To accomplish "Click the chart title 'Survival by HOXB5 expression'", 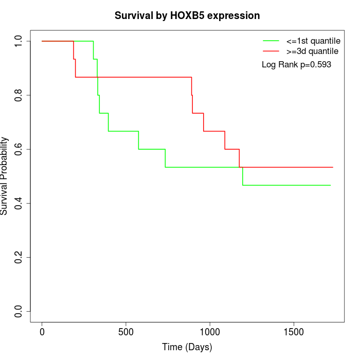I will (x=187, y=15).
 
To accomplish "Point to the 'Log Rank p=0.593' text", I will (x=296, y=65).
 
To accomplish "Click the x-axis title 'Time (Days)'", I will (x=187, y=347).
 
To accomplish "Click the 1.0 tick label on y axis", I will (x=19, y=41).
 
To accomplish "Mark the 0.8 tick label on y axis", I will (x=19, y=95).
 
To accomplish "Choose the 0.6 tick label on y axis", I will (x=19, y=149).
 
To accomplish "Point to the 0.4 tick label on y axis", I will (x=19, y=203).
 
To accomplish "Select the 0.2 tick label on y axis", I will (x=19, y=257).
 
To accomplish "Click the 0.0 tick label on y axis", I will (x=19, y=311).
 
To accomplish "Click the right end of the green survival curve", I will (x=330, y=185).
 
